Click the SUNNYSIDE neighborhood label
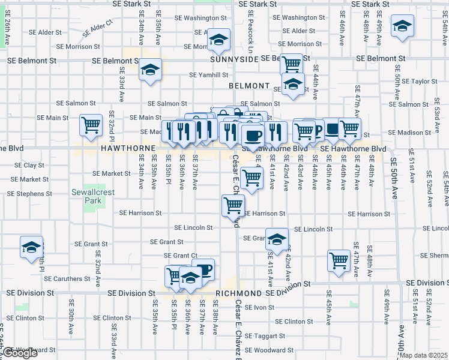click(x=234, y=59)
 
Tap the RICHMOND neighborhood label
click(x=238, y=293)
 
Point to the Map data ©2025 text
click(x=423, y=355)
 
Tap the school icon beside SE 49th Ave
click(x=402, y=26)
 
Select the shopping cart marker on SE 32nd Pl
click(x=91, y=125)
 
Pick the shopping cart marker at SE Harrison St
click(x=233, y=205)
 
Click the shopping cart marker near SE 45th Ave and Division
click(x=339, y=261)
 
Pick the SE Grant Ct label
click(x=181, y=256)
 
